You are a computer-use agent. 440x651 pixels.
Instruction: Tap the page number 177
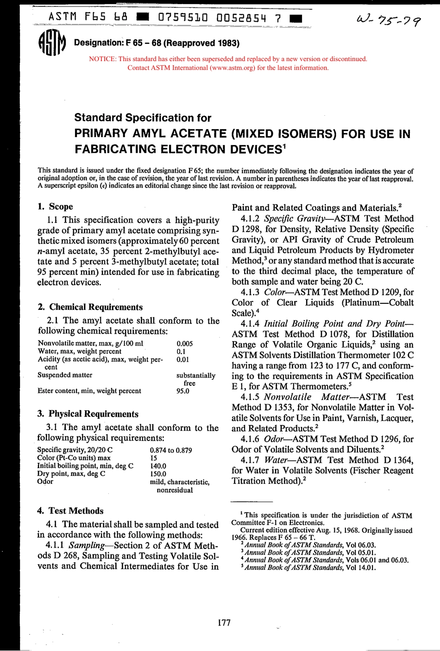pyautogui.click(x=224, y=623)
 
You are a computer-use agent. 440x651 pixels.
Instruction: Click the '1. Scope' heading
pyautogui.click(x=55, y=207)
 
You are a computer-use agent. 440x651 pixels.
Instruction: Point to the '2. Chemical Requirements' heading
pyautogui.click(x=90, y=307)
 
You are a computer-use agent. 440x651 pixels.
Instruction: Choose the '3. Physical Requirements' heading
pyautogui.click(x=88, y=414)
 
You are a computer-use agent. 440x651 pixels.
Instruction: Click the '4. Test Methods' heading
pyautogui.click(x=70, y=511)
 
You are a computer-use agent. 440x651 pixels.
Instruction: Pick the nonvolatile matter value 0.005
pyautogui.click(x=185, y=344)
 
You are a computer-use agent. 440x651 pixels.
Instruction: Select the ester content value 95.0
pyautogui.click(x=183, y=391)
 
